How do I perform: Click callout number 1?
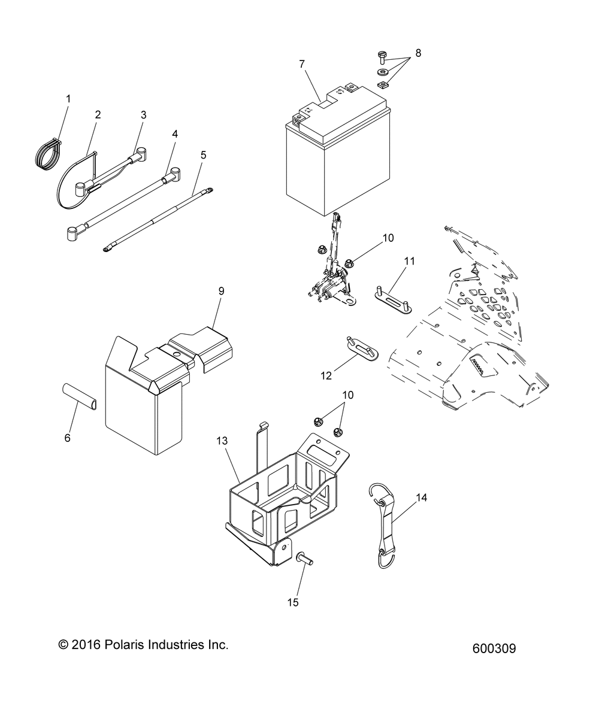(68, 98)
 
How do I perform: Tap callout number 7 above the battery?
(302, 63)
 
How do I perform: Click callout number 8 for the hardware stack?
(418, 53)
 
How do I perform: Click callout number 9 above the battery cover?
(221, 291)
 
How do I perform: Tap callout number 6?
(67, 438)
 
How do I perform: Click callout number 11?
(410, 261)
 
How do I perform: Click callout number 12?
(326, 376)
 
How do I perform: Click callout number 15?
(293, 602)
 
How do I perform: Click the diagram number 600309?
(494, 648)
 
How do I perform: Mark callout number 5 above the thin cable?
(203, 154)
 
